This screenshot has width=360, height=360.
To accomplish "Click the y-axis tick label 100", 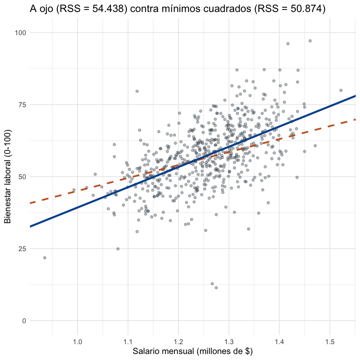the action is click(x=21, y=33).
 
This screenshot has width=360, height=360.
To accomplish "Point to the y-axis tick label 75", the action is click(x=22, y=105).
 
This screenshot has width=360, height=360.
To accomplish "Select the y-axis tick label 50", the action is click(x=22, y=177).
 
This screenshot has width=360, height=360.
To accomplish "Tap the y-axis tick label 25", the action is click(x=22, y=249).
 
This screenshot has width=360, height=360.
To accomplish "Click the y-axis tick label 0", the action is click(x=24, y=321).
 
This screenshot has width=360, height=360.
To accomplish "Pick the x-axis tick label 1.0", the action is click(x=78, y=342).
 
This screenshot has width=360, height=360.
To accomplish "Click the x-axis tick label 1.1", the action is click(x=128, y=342).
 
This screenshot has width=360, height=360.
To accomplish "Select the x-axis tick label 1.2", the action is click(x=178, y=342).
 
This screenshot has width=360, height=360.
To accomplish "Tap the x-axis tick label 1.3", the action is click(x=229, y=342).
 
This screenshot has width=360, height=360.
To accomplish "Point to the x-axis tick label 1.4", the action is click(x=279, y=342).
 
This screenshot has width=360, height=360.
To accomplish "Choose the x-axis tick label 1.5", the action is click(x=330, y=342).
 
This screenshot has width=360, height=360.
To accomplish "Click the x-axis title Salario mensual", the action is click(x=163, y=351).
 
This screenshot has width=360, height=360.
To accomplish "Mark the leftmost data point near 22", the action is click(x=45, y=258).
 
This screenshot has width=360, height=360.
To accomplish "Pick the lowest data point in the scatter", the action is click(x=216, y=288).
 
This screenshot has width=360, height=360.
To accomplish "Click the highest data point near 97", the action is click(x=310, y=41).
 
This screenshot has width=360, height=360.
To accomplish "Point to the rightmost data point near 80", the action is click(x=341, y=90).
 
